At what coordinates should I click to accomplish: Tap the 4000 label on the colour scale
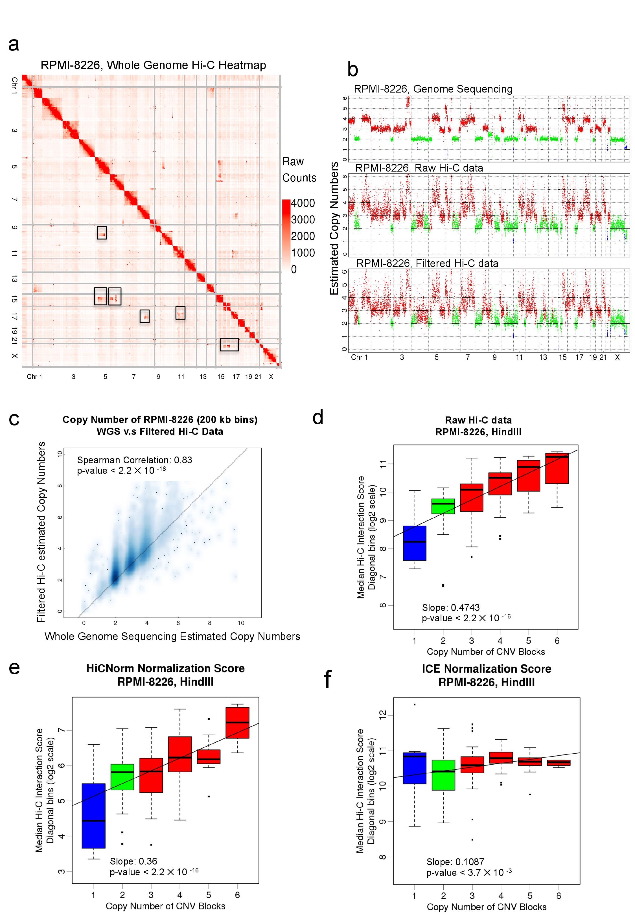click(303, 203)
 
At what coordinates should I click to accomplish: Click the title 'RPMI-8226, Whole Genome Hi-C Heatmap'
click(153, 65)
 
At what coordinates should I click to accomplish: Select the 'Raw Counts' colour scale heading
click(299, 170)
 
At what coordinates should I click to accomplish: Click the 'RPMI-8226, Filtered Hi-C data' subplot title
click(427, 263)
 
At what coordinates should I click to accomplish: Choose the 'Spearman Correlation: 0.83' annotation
click(135, 460)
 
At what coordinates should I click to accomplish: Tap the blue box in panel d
click(415, 543)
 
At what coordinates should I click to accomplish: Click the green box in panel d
click(443, 506)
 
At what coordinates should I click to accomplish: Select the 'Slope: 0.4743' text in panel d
click(451, 608)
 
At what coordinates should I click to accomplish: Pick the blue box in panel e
click(93, 816)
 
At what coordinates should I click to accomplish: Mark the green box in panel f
click(443, 775)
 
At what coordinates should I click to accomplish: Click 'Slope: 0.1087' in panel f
click(455, 862)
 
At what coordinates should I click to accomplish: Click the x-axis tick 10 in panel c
click(241, 623)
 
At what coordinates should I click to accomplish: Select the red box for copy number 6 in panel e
click(238, 723)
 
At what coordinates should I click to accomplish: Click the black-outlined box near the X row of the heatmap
click(229, 345)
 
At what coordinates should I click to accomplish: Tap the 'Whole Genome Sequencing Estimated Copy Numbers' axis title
click(172, 636)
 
